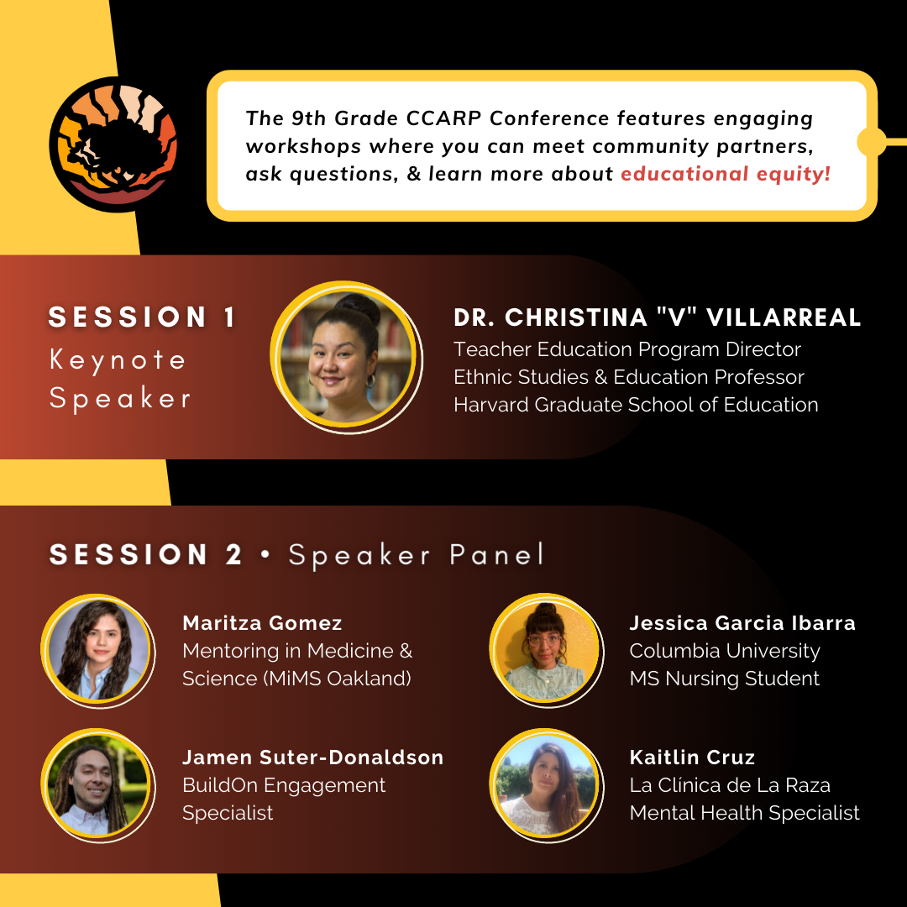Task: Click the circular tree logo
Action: point(113,144)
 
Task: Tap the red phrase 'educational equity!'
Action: point(726,174)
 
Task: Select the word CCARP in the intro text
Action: point(443,118)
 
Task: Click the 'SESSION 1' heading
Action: point(142,317)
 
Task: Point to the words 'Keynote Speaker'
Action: point(120,379)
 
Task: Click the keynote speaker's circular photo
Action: point(346,358)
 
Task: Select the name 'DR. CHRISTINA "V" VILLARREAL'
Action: point(657,317)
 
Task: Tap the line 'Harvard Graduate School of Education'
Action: point(636,404)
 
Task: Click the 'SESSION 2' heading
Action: point(145,554)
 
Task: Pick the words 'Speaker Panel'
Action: point(417,555)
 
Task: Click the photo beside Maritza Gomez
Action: point(98,651)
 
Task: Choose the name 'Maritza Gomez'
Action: point(262,623)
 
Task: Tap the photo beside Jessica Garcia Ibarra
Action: point(547,650)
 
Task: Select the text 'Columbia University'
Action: point(725,651)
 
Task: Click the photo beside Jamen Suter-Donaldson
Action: point(98,785)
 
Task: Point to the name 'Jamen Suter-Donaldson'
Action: point(313,758)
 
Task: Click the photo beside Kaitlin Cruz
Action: point(547,785)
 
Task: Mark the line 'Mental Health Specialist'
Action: point(744,813)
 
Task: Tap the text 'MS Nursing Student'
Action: point(724,678)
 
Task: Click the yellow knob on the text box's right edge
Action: point(871,142)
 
